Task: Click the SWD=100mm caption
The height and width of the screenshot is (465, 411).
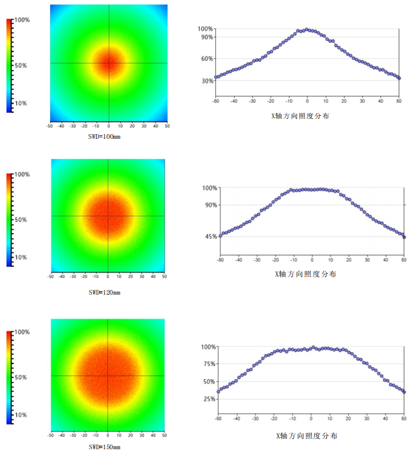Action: [x=105, y=136]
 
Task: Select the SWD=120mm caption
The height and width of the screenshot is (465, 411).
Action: [x=105, y=292]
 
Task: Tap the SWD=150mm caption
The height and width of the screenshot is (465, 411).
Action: [x=105, y=447]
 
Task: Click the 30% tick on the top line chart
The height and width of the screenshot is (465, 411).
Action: [x=205, y=80]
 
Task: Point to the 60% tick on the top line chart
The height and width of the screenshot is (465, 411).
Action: [x=205, y=59]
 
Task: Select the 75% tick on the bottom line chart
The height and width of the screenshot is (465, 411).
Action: [x=208, y=364]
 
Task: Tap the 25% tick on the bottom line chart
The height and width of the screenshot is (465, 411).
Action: [x=208, y=399]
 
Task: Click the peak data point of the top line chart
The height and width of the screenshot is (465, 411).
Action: [x=306, y=29]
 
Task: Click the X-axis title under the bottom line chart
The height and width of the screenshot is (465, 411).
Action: [x=311, y=435]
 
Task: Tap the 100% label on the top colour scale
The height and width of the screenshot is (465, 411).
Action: [x=22, y=20]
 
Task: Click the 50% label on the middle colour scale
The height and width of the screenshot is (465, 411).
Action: [x=20, y=220]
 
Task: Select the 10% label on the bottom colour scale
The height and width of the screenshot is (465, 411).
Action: [x=20, y=415]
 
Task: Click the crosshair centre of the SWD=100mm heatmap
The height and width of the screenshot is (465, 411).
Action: [x=109, y=63]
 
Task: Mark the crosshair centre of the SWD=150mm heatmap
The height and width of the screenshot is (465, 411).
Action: [x=108, y=376]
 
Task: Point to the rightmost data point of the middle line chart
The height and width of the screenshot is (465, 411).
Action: [x=404, y=237]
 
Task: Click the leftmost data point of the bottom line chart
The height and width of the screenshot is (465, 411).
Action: [x=218, y=391]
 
